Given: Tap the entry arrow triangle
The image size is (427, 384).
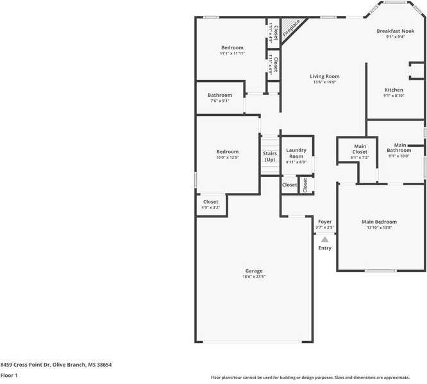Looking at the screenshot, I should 324,239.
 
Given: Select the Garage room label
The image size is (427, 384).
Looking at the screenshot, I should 253,271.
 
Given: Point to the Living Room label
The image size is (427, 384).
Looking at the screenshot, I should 324,76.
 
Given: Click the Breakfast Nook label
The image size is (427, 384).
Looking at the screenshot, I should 396,31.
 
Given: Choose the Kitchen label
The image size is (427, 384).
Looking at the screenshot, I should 394,90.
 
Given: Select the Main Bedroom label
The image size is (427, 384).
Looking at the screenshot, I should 380,222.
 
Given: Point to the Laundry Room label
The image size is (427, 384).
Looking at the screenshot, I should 296,153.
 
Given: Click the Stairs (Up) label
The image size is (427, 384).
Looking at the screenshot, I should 270,156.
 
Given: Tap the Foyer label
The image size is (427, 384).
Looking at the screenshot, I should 325,221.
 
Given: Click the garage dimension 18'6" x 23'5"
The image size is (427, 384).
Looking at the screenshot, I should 253,277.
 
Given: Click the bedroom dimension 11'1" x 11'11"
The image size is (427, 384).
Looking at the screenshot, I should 232,54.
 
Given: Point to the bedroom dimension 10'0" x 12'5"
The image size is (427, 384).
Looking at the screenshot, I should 227,158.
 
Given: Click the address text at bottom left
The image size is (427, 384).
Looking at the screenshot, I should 56,364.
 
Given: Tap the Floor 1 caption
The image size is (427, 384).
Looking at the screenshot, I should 9,375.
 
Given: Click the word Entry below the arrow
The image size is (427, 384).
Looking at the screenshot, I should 325,248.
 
